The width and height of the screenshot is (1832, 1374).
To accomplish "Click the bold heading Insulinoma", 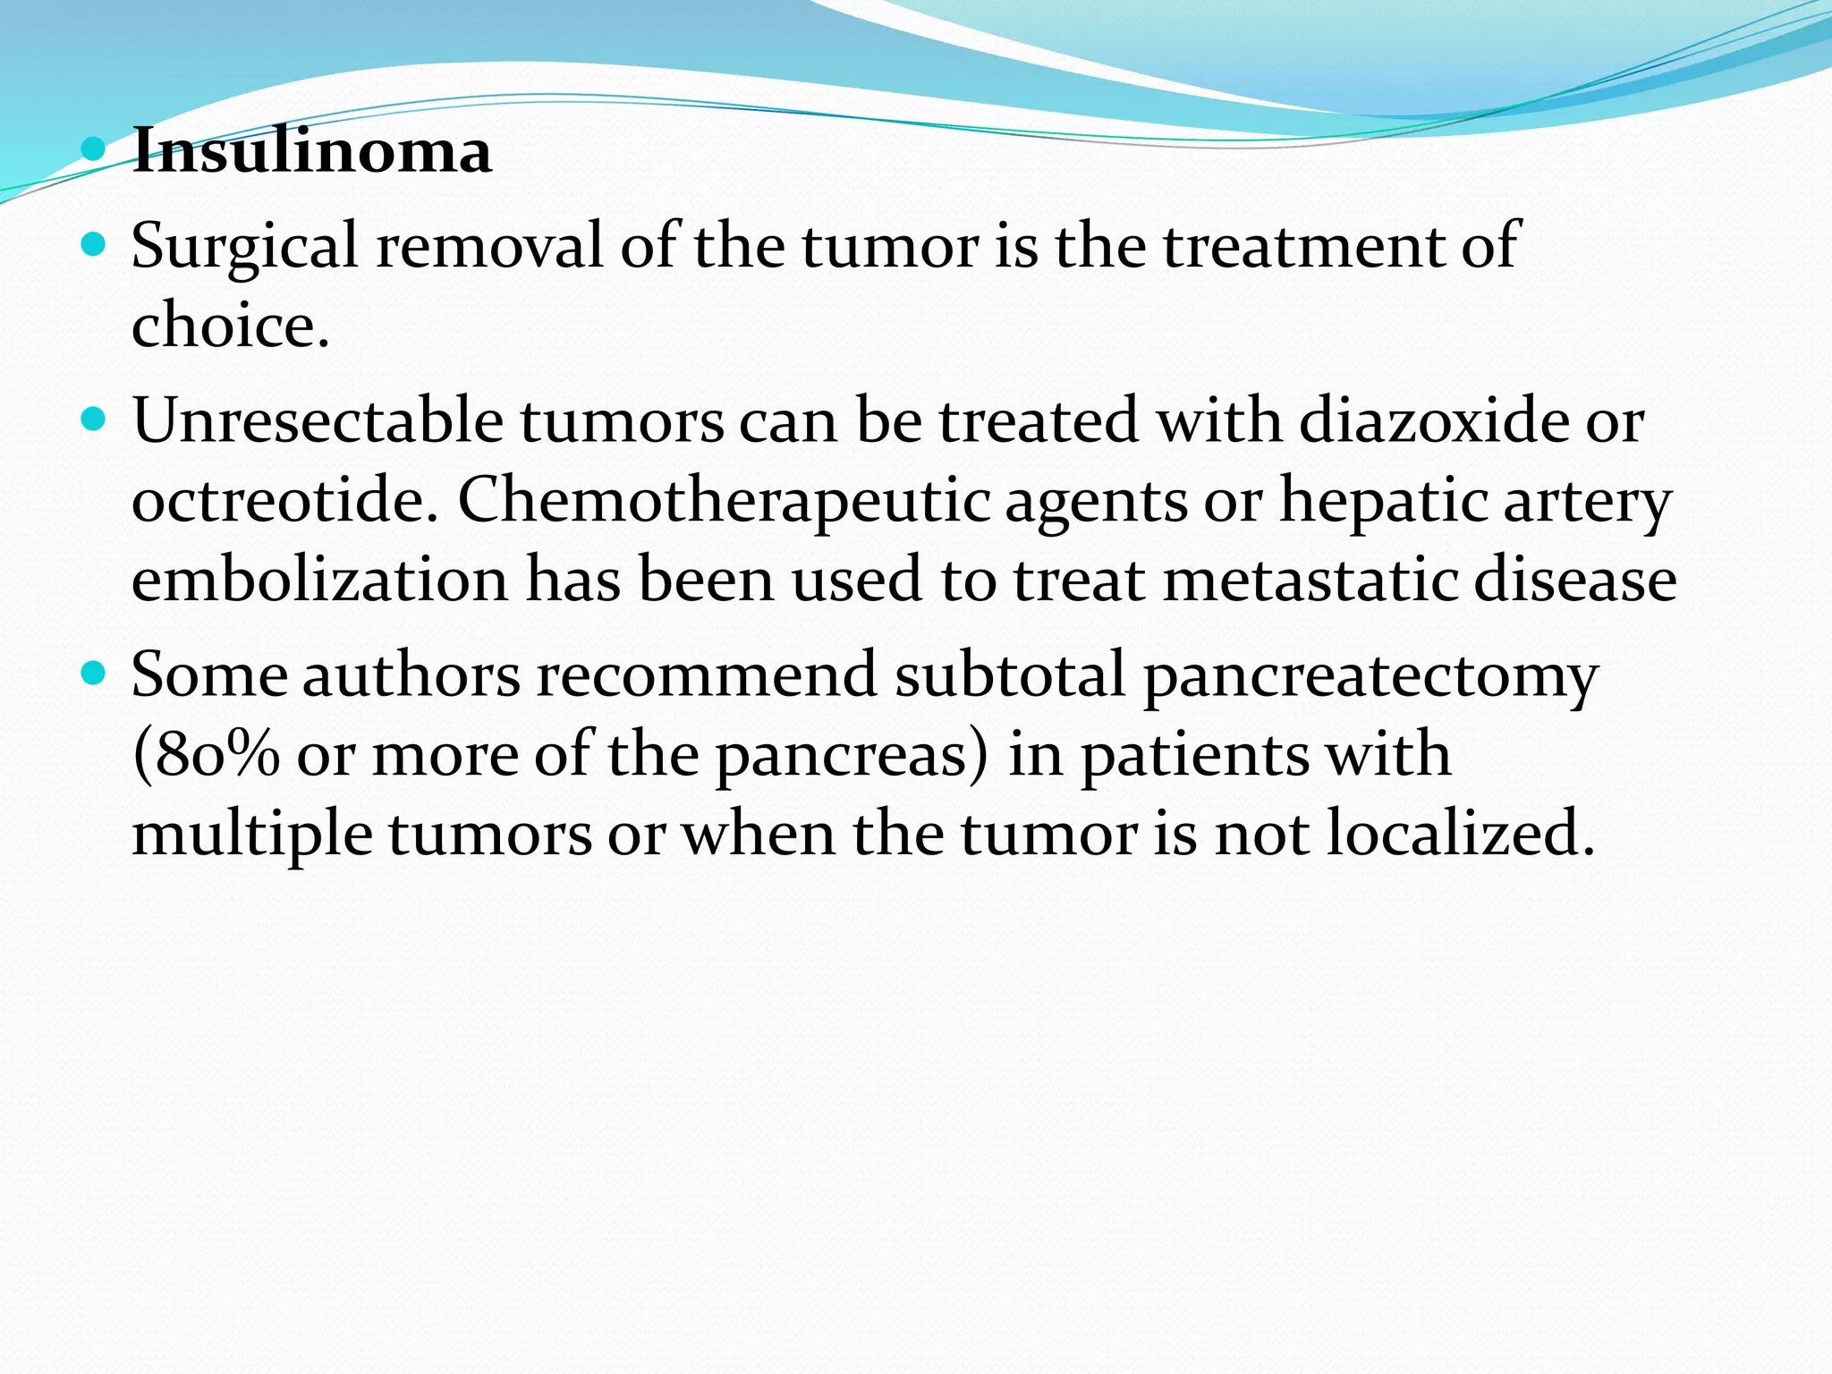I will coord(311,150).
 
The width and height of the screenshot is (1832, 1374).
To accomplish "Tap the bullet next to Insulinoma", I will coord(93,148).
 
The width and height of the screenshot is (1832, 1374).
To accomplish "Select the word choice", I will coord(230,326).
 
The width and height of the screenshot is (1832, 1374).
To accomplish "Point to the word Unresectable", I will coord(318,420).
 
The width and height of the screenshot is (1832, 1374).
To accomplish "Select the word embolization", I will coord(319,580).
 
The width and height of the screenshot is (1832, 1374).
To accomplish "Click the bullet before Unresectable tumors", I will coord(93,418).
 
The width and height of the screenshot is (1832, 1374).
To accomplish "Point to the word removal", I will coord(489,245).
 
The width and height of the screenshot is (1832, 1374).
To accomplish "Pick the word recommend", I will coord(706,674).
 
